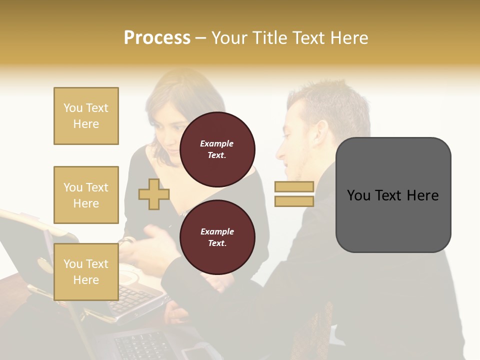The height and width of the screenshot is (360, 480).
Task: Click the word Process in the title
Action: (157, 38)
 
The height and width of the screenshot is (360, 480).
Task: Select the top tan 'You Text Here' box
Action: (86, 116)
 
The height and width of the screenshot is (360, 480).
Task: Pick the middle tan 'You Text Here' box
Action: (86, 195)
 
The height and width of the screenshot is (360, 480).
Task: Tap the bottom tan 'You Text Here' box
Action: (86, 272)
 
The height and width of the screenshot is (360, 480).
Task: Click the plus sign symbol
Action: (154, 194)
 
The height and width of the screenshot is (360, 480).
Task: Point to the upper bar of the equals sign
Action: (294, 187)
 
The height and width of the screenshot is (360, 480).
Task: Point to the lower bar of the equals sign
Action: (294, 201)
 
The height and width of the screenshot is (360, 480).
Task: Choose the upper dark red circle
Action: (217, 149)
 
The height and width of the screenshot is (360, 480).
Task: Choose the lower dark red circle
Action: (217, 237)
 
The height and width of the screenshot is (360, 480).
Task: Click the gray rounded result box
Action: (393, 195)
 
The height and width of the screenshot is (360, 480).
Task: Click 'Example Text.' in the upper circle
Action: (217, 149)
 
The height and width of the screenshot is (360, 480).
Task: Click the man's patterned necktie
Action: (320, 325)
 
